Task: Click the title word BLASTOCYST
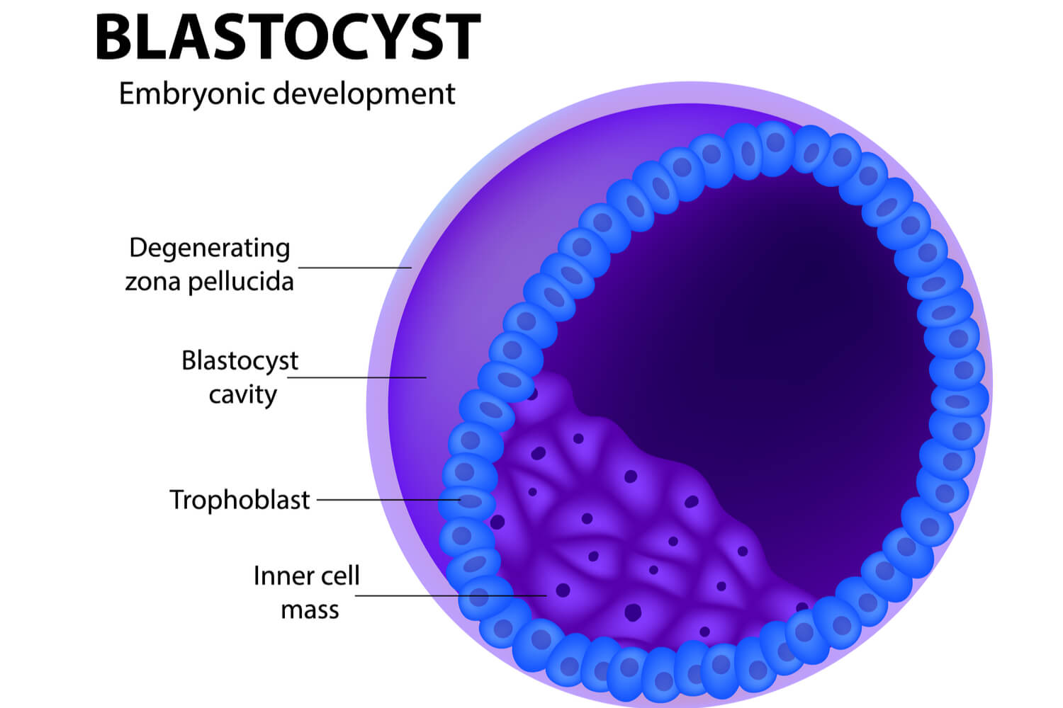pyautogui.click(x=288, y=38)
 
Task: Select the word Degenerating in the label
pyautogui.click(x=210, y=249)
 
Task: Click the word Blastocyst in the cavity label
pyautogui.click(x=240, y=361)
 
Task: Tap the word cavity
pyautogui.click(x=242, y=395)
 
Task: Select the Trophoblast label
pyautogui.click(x=240, y=500)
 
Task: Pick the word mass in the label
pyautogui.click(x=310, y=610)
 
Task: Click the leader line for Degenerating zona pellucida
pyautogui.click(x=354, y=268)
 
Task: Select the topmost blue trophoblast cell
pyautogui.click(x=775, y=144)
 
